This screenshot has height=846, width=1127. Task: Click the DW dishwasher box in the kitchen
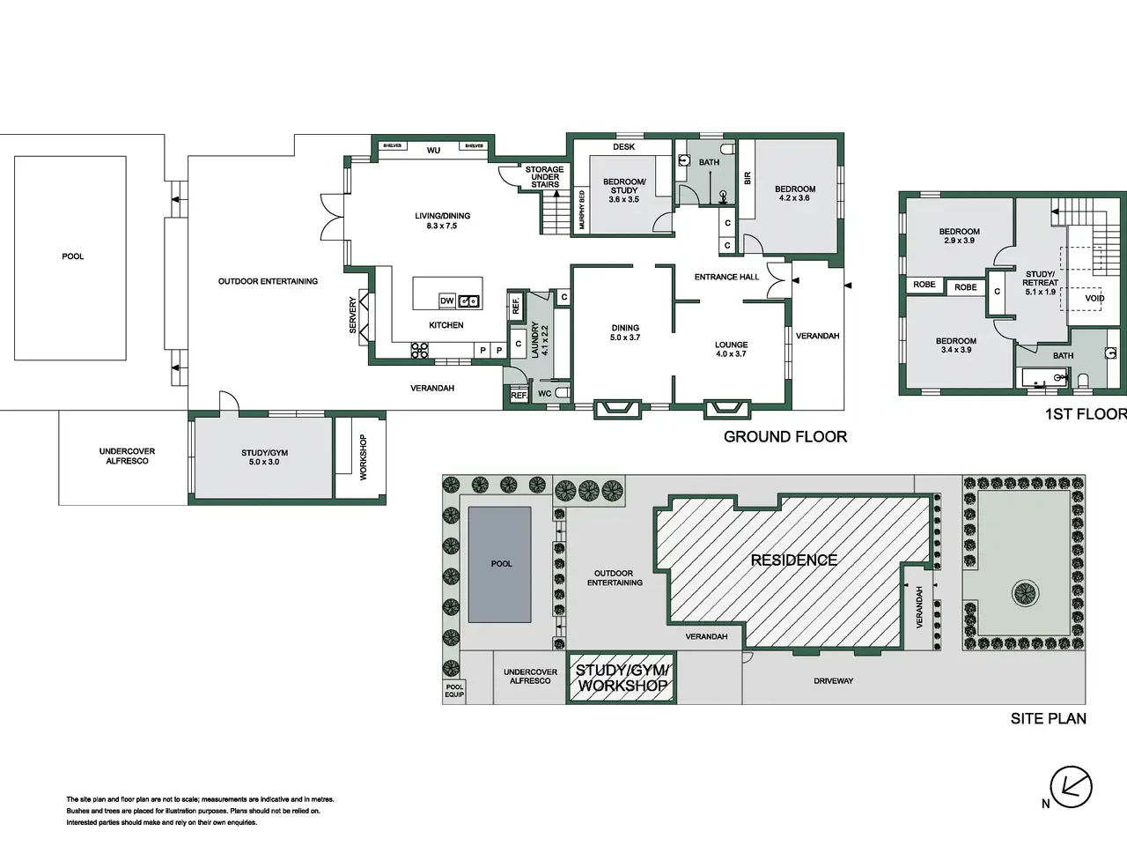point(446,301)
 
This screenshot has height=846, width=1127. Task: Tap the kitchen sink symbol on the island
point(469,301)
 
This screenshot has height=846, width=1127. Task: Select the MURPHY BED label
point(582,210)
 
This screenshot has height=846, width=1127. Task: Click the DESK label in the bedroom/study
point(624,147)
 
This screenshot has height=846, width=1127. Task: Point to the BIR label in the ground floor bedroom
point(747,178)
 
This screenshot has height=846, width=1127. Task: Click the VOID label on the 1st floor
point(1094,299)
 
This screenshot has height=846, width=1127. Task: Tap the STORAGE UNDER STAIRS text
point(545,177)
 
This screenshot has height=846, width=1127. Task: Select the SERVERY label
point(353,315)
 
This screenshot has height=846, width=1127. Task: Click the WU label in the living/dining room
point(433,151)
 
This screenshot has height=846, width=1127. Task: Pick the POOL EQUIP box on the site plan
point(453,691)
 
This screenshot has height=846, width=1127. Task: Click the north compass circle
point(1071,786)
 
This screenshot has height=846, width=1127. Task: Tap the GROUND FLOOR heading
point(785,436)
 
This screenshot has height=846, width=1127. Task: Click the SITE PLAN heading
point(1049,718)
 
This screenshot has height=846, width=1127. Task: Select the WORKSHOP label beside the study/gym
point(363,457)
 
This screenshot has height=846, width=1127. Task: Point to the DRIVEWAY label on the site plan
point(833,681)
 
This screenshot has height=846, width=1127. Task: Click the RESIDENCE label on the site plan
point(794,560)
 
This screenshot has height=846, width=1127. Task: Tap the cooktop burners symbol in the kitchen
point(419,351)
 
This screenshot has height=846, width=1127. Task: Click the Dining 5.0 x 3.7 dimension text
point(625,338)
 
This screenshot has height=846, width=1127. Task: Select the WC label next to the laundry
point(545,393)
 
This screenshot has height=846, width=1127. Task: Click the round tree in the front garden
point(1026,594)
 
